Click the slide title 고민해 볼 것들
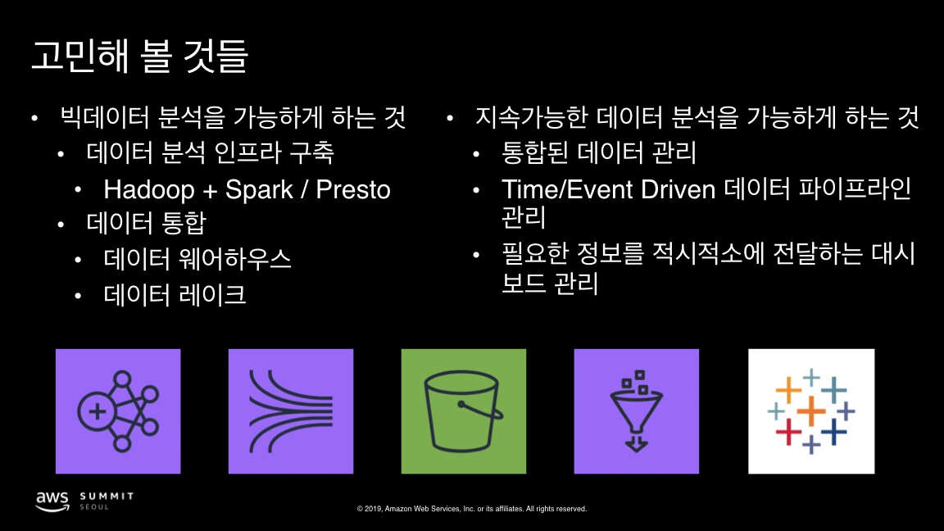(x=139, y=55)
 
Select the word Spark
(x=258, y=189)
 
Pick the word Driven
(x=678, y=189)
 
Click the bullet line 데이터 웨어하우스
(x=197, y=259)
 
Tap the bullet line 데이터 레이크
(x=175, y=294)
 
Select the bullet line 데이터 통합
(x=145, y=224)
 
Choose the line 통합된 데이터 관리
(x=598, y=153)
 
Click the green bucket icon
(x=463, y=411)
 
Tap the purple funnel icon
(x=636, y=411)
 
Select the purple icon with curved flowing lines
(x=290, y=411)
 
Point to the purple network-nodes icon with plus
(x=117, y=411)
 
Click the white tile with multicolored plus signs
(x=811, y=411)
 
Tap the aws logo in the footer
(x=52, y=499)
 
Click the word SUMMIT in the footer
(x=107, y=496)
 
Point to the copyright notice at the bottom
(x=471, y=509)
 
